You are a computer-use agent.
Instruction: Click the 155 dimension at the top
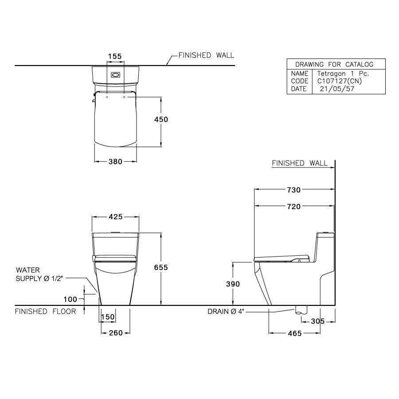click(115, 56)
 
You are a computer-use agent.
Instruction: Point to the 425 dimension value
click(115, 217)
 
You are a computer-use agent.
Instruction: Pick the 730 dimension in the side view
click(293, 190)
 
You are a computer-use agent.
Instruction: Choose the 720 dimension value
click(293, 206)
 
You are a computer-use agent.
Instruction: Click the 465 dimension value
click(293, 333)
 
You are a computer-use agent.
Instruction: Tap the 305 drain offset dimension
click(317, 321)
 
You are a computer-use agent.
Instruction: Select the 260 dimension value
click(115, 333)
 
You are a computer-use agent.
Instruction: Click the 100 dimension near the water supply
click(71, 299)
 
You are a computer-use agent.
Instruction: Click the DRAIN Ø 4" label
click(226, 312)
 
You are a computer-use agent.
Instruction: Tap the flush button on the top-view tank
click(115, 74)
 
